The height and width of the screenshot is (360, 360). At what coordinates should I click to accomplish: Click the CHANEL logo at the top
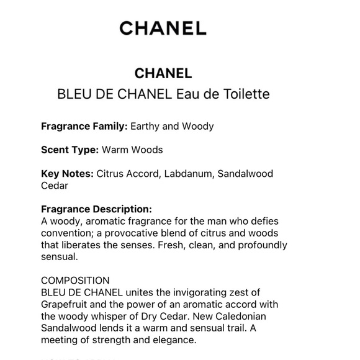click(163, 28)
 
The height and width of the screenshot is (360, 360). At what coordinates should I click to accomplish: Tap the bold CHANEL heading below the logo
click(163, 73)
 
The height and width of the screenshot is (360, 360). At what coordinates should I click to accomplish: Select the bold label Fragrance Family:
click(84, 126)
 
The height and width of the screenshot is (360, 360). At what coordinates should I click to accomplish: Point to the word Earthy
click(146, 126)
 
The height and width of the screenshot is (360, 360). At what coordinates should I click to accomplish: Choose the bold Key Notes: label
click(67, 174)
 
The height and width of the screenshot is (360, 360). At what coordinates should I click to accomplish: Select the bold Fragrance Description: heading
click(96, 210)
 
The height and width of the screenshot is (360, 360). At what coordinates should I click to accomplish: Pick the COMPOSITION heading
click(75, 281)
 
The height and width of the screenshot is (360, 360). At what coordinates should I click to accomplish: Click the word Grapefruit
click(68, 304)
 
